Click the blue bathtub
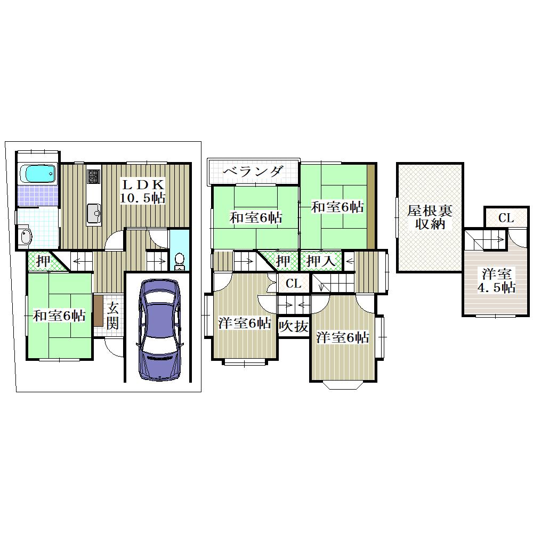coord(38,173)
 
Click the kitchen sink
coord(94,213)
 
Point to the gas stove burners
coord(94,176)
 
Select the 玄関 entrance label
coord(112,317)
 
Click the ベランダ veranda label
coord(253,171)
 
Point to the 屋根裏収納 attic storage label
coord(430,217)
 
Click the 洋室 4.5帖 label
coord(496,281)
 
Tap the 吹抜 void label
coord(293,326)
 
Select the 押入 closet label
coord(320,261)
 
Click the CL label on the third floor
coord(506,218)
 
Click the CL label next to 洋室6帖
coord(293,283)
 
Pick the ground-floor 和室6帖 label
coord(59,316)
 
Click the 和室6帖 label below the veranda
coord(256,217)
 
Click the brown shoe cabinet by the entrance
coord(98,311)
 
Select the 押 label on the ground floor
coord(43,261)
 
